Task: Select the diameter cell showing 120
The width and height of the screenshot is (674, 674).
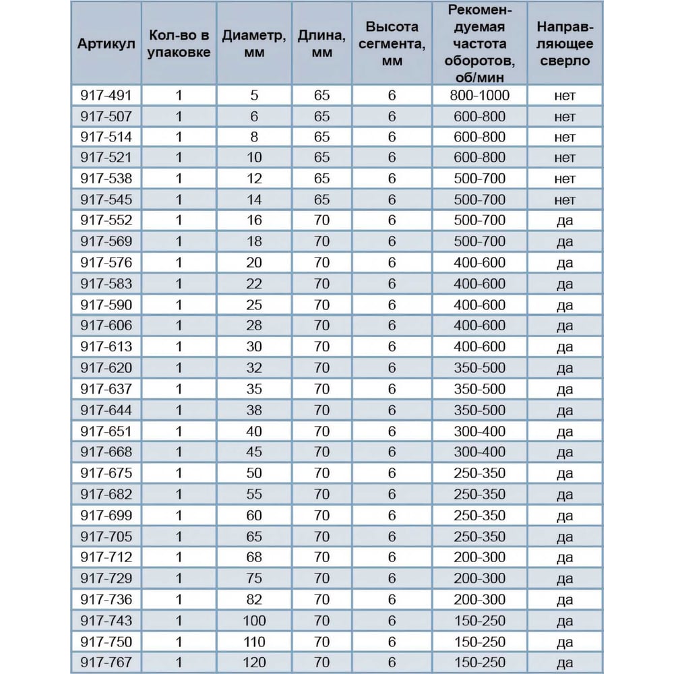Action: point(253,662)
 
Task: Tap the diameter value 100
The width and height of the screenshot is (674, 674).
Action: point(253,620)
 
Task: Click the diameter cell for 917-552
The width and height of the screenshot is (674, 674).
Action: point(253,220)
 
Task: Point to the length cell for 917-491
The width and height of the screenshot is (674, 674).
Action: point(322,95)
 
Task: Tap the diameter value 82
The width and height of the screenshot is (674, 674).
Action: point(253,599)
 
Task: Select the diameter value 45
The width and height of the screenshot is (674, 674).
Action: point(253,452)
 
